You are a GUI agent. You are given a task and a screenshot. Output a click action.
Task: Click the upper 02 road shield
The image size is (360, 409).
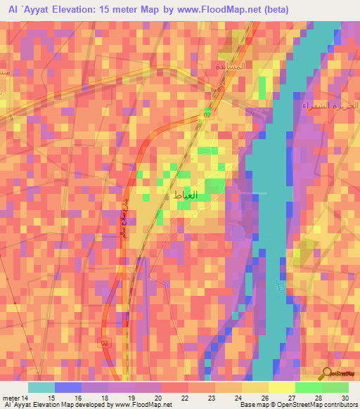click(x=207, y=114)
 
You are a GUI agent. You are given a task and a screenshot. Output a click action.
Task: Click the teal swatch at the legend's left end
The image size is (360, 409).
click(x=41, y=387)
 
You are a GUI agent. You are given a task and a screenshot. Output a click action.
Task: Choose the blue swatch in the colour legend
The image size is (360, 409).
click(x=68, y=387)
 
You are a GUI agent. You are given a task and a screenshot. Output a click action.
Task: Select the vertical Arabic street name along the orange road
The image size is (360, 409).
click(x=120, y=228)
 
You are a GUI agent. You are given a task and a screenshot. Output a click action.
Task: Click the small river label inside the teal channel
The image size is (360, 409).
click(x=281, y=287)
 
